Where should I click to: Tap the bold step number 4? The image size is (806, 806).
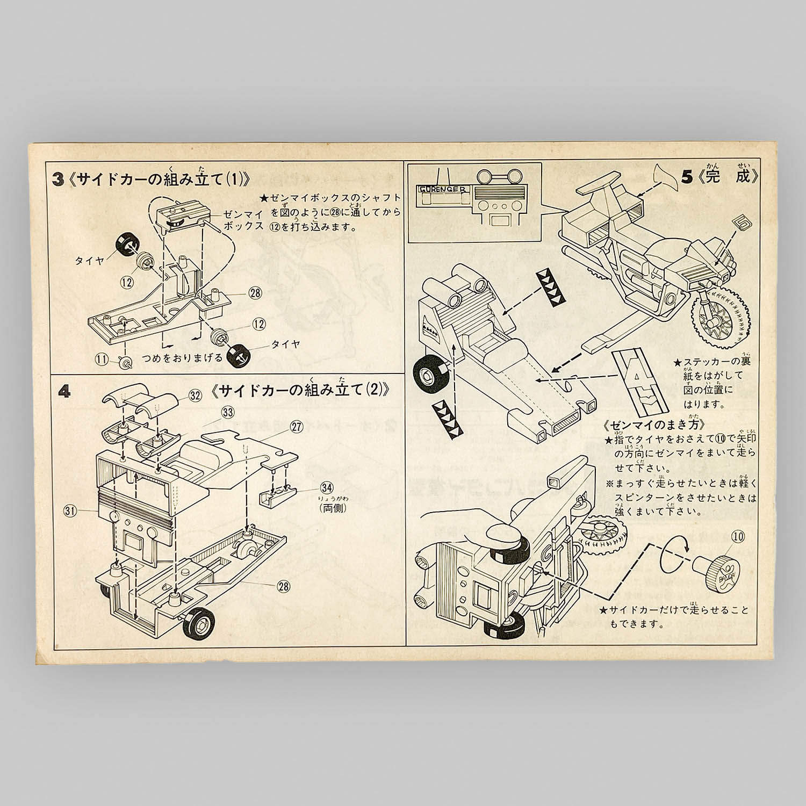[x=64, y=392]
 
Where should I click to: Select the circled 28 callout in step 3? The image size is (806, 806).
[x=255, y=292]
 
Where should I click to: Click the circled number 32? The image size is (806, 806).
[x=195, y=396]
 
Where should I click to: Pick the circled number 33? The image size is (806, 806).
[x=228, y=413]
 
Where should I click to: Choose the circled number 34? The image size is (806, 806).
[x=326, y=487]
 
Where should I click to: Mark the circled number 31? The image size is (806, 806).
[x=85, y=512]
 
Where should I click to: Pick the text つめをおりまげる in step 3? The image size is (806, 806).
[x=182, y=358]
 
